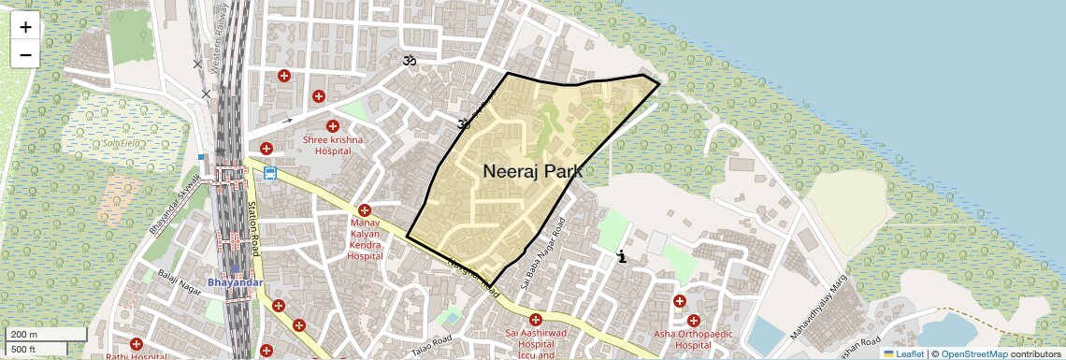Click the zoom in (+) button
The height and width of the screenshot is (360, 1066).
[x=25, y=26]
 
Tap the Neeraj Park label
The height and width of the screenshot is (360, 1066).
[x=533, y=171]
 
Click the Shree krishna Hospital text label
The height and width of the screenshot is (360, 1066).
[x=331, y=145]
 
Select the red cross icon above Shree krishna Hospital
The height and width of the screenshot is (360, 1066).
[x=332, y=125]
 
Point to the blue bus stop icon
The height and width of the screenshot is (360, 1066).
[x=270, y=173]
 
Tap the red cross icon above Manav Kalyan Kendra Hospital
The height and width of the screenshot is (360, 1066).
[x=365, y=211]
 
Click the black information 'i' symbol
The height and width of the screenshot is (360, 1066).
[x=622, y=256]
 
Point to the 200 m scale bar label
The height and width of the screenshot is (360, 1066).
[x=24, y=335]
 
